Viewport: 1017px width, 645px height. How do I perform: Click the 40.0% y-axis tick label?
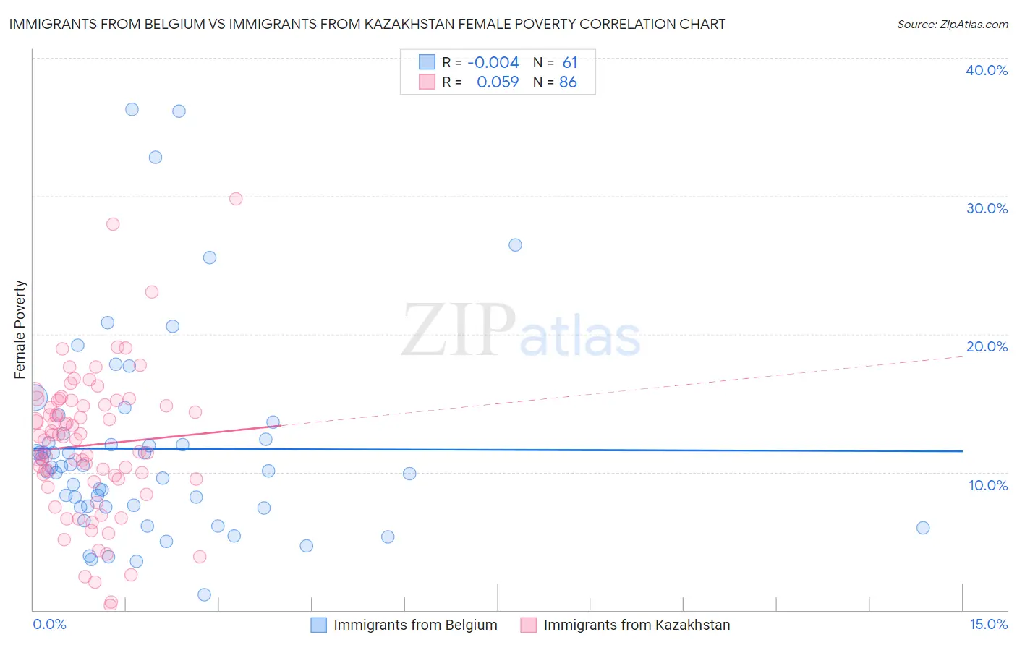click(987, 70)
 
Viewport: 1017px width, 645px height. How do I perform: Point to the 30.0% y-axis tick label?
click(987, 208)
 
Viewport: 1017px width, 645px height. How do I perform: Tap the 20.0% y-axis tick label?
click(987, 346)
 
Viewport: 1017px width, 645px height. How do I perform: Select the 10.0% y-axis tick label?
click(988, 485)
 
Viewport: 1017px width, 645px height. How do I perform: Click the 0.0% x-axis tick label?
click(49, 625)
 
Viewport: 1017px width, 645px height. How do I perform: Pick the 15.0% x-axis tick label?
click(988, 625)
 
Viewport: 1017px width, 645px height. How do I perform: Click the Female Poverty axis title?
click(20, 330)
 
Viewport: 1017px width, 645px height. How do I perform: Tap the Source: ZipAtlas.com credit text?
click(952, 24)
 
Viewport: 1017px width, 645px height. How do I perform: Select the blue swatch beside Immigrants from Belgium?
click(319, 625)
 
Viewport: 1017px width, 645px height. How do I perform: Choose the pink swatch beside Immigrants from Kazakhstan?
click(529, 625)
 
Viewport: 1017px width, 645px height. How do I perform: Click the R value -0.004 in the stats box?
click(493, 62)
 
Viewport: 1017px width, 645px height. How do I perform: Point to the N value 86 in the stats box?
click(568, 82)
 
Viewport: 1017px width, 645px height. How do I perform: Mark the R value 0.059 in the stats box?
click(498, 82)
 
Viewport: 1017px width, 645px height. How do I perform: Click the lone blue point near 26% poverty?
click(515, 245)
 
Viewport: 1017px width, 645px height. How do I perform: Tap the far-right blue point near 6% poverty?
click(923, 528)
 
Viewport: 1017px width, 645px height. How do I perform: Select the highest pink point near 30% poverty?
click(236, 199)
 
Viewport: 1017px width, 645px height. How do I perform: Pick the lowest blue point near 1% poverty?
click(205, 594)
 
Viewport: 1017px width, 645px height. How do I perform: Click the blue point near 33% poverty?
click(156, 158)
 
